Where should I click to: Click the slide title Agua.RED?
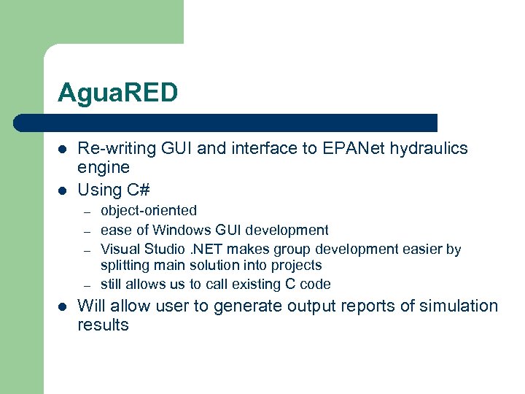coord(117,93)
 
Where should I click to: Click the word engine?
coord(104,168)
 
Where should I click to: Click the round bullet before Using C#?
coord(62,190)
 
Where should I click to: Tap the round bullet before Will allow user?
coord(62,306)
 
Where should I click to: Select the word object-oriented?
coord(149,211)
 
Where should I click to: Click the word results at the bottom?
coord(103,325)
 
